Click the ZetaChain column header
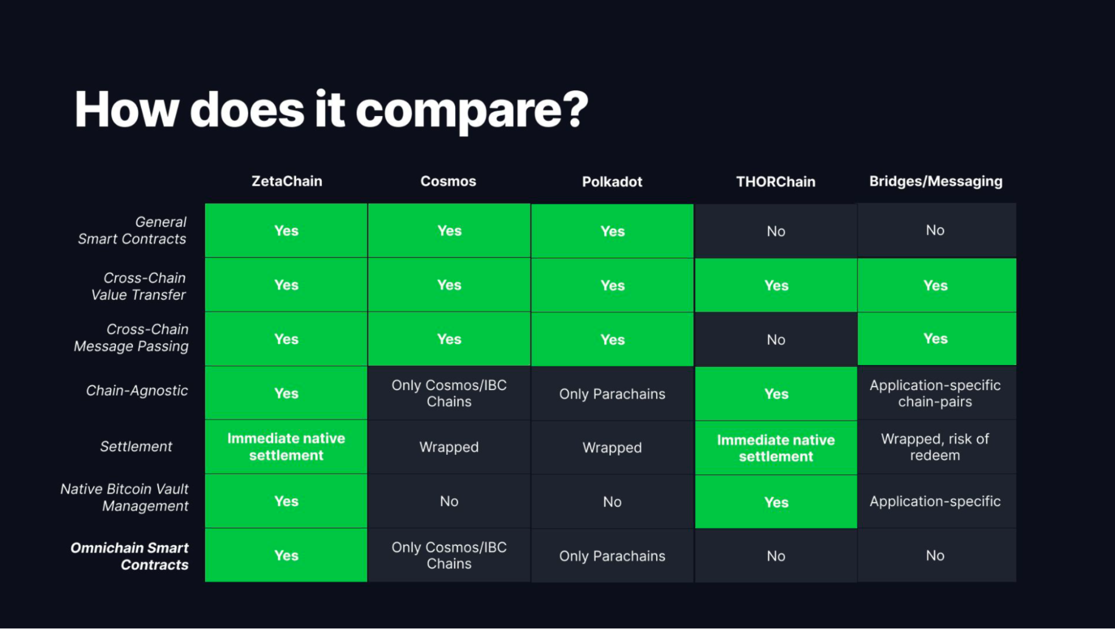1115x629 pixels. click(x=287, y=181)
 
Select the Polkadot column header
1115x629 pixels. click(x=612, y=182)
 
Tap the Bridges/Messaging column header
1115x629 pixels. click(x=936, y=181)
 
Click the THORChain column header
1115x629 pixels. click(x=776, y=182)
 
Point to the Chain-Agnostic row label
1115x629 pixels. click(x=137, y=391)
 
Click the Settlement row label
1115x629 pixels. click(x=136, y=446)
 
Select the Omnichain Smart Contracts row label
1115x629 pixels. click(x=129, y=556)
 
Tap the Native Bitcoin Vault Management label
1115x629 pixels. click(x=124, y=497)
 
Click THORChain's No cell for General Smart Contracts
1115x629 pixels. click(x=776, y=231)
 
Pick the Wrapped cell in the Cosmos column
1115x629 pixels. click(x=449, y=447)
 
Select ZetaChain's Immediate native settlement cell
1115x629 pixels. click(x=286, y=447)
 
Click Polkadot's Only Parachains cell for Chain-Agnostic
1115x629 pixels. click(x=612, y=394)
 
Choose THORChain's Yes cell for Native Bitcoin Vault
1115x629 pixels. click(x=776, y=502)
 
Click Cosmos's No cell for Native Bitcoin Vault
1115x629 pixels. click(x=449, y=501)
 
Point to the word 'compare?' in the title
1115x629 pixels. click(x=472, y=111)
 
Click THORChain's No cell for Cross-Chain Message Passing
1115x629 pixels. click(x=776, y=339)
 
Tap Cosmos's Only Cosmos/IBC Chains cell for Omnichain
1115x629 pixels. click(x=449, y=555)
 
